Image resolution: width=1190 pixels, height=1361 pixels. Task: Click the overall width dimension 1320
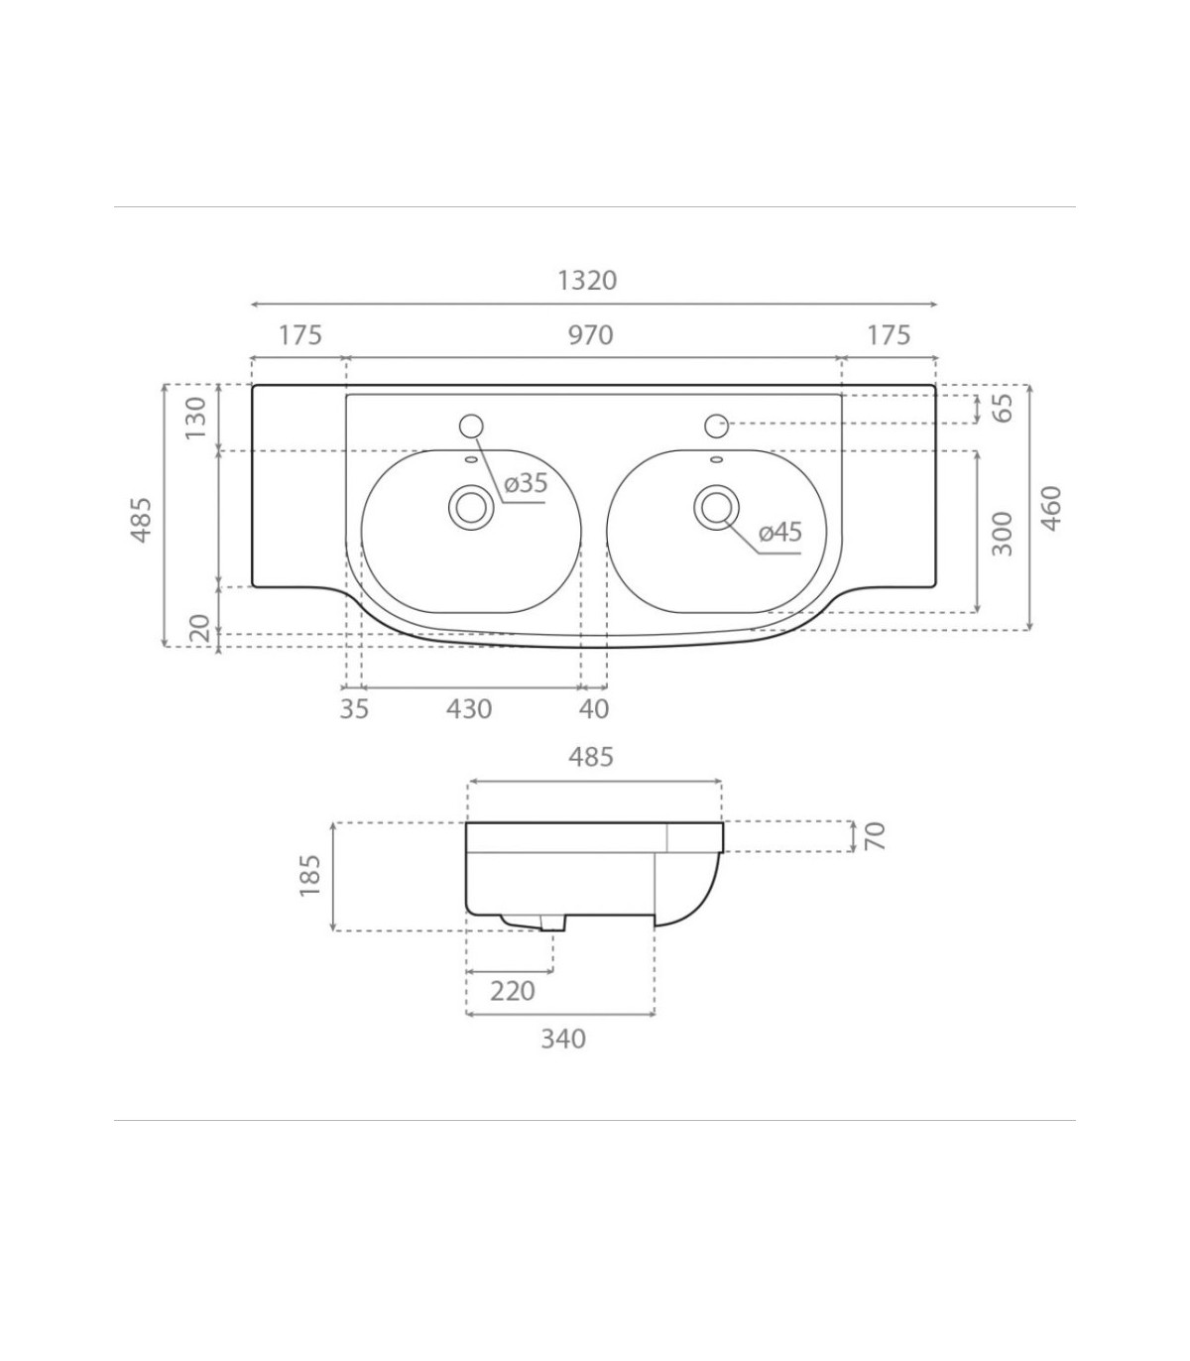coord(587,280)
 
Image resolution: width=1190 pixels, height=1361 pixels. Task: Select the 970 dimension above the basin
coord(590,335)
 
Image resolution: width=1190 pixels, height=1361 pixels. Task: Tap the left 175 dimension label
coord(299,335)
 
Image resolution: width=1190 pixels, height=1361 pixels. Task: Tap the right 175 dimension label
coord(889,335)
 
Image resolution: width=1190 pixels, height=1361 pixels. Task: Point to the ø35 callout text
coord(526,483)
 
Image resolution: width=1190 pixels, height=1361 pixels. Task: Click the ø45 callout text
coord(780,532)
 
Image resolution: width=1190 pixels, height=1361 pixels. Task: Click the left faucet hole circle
coord(471,426)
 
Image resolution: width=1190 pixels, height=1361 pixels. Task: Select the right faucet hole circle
coord(717,426)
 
